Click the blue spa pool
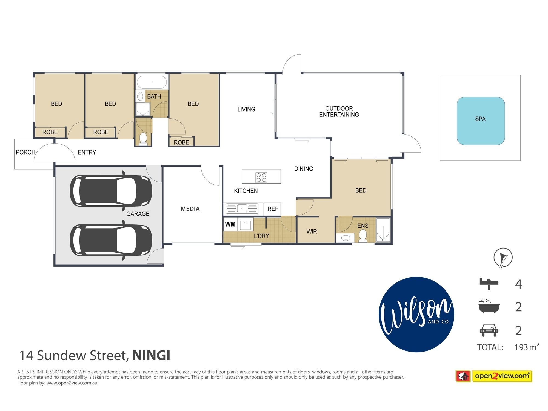click(481, 121)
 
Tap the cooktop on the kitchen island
click(261, 177)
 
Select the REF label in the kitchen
click(273, 209)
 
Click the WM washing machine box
click(230, 225)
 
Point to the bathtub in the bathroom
click(152, 82)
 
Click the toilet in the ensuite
click(363, 236)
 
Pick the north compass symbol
click(503, 258)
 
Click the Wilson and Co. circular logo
click(416, 314)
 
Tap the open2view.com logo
click(494, 376)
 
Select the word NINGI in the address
click(151, 356)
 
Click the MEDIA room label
click(190, 209)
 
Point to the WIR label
click(312, 232)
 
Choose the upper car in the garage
click(111, 191)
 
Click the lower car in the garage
click(111, 240)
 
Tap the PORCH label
click(25, 152)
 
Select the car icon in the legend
click(489, 330)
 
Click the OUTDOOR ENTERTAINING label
click(339, 112)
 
